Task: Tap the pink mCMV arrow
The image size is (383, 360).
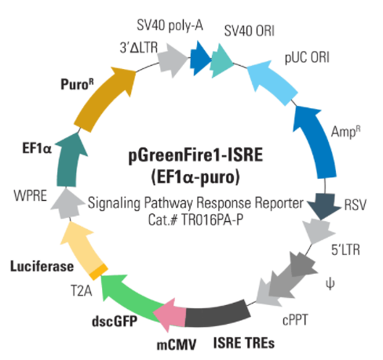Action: click(170, 315)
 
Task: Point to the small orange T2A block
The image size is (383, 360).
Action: click(98, 272)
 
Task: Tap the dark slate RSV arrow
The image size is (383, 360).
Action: click(324, 206)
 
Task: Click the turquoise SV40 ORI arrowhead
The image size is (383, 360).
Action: click(221, 61)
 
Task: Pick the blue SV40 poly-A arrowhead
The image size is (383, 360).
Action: click(200, 58)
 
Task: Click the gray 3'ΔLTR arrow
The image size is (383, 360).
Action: click(173, 60)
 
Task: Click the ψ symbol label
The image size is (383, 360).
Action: click(330, 284)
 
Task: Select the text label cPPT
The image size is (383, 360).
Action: click(295, 320)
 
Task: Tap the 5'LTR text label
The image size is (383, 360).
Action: click(345, 250)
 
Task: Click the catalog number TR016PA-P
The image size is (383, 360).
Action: click(212, 220)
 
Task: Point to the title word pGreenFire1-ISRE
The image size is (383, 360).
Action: click(195, 156)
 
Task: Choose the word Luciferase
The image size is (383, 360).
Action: click(42, 267)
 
